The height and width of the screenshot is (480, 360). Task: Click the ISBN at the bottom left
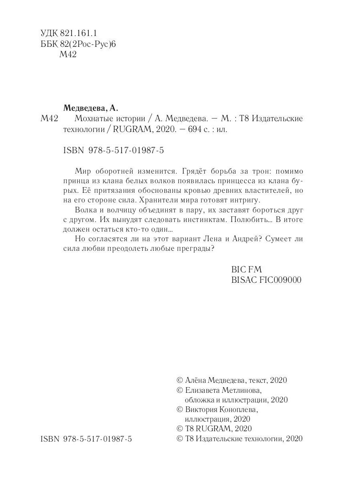point(86,439)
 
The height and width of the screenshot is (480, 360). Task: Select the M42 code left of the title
point(50,119)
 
